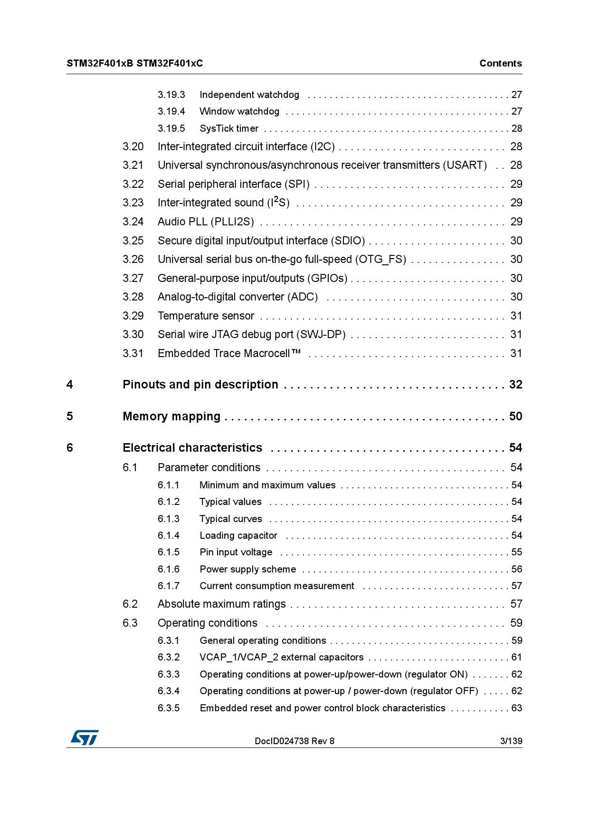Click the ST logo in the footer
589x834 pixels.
[x=85, y=737]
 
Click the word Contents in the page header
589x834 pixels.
[x=500, y=63]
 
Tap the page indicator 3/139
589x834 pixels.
[x=511, y=741]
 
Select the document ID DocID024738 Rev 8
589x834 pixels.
[x=294, y=741]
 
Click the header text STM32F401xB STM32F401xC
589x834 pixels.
[x=134, y=63]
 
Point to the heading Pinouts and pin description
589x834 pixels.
[x=200, y=384]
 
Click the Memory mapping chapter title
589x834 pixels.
[x=171, y=416]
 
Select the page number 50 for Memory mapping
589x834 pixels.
[x=515, y=416]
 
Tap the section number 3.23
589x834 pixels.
[x=133, y=203]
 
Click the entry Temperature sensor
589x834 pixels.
[x=206, y=316]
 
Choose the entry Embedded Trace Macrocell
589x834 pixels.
[x=229, y=353]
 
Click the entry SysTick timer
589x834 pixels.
[x=229, y=128]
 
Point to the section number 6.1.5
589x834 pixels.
[x=169, y=552]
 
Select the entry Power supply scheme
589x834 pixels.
[x=247, y=569]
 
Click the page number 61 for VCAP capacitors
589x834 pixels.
[x=516, y=657]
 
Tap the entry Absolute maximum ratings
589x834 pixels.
[x=221, y=604]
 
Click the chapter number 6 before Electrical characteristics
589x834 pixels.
[x=70, y=447]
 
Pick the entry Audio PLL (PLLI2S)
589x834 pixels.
[x=206, y=222]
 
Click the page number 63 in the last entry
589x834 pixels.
[x=516, y=708]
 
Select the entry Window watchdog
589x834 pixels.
[x=239, y=111]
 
